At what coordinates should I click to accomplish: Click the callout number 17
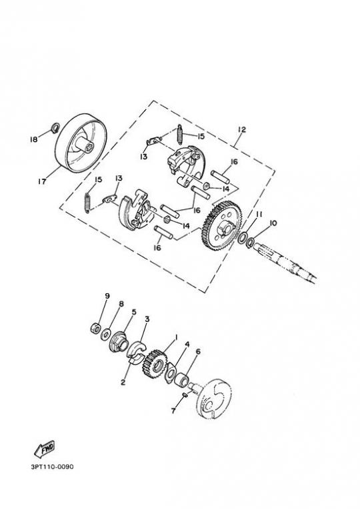click(42, 181)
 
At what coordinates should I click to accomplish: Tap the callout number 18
click(33, 140)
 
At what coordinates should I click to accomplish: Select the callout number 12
click(241, 129)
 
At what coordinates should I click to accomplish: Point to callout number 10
click(273, 223)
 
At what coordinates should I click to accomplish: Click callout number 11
click(259, 215)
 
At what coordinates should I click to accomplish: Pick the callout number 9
click(107, 296)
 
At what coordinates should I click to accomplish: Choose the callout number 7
click(173, 411)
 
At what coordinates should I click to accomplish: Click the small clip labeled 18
click(55, 127)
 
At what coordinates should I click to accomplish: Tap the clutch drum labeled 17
click(81, 143)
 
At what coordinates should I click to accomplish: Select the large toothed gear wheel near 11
click(220, 226)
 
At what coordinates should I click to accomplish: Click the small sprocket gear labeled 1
click(155, 362)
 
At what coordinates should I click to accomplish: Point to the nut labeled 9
click(95, 328)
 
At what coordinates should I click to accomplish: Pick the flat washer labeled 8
click(105, 334)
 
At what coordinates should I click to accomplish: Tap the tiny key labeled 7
click(184, 394)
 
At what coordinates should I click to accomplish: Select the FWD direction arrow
click(45, 448)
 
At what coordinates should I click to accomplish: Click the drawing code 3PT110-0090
click(52, 467)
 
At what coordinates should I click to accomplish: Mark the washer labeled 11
click(242, 239)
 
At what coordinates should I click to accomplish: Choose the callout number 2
click(123, 382)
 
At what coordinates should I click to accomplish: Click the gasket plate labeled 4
click(170, 374)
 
